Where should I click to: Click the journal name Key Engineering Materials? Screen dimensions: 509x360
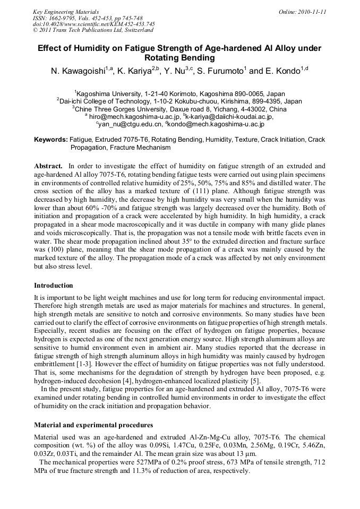coord(65,11)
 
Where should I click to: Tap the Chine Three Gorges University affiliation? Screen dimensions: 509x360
coord(179,109)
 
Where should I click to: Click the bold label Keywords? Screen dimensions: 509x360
coord(51,140)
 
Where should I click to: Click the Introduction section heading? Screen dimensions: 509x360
coord(54,286)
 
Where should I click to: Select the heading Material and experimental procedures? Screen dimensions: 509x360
coord(93,425)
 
